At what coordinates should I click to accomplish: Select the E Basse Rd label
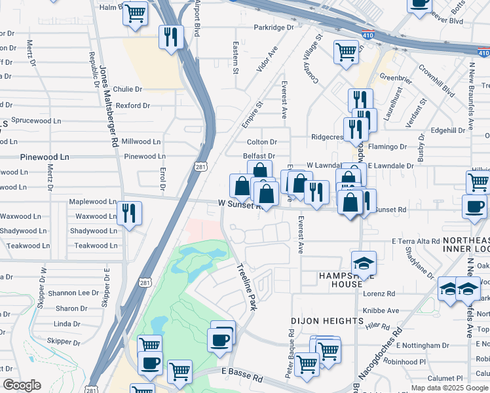(242, 379)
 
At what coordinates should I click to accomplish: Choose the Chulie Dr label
(127, 89)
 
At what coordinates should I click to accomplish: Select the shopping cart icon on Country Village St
(345, 52)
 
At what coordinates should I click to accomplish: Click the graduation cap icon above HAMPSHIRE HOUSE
(364, 263)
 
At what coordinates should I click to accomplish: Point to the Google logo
(22, 386)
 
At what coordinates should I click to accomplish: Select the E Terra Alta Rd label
(416, 241)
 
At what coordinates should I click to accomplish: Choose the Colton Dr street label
(262, 142)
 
